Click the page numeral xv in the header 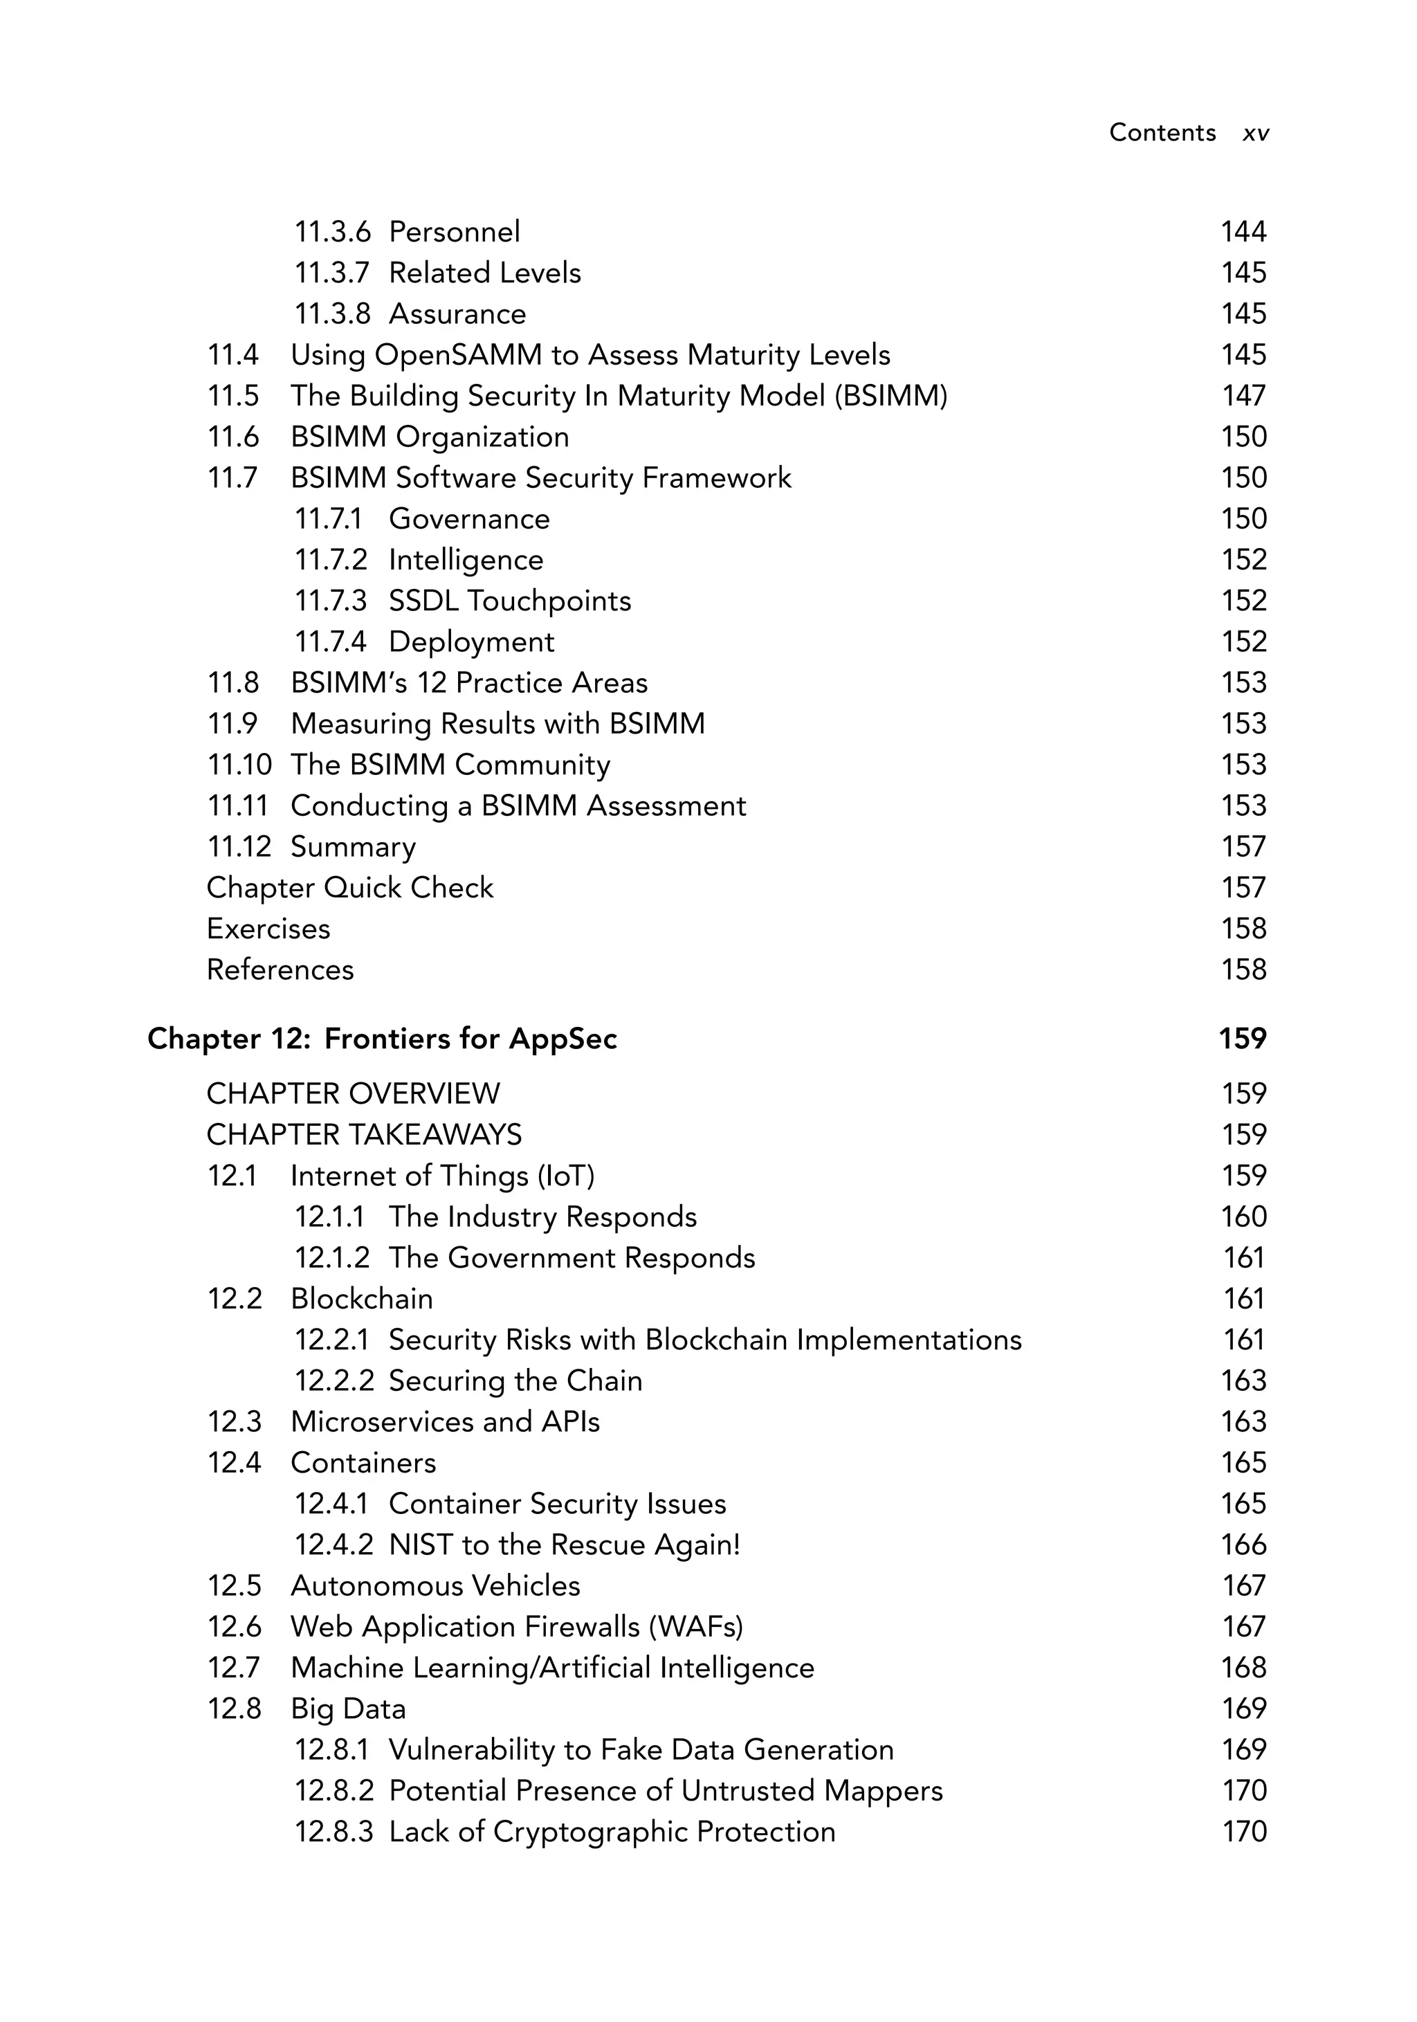(x=1255, y=133)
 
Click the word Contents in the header (x=1162, y=132)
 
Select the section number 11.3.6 (x=332, y=232)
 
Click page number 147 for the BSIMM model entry (x=1243, y=395)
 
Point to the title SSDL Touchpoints (x=510, y=601)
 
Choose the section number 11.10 (x=239, y=765)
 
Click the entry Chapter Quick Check (x=349, y=888)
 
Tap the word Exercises (x=268, y=928)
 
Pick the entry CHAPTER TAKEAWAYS (x=364, y=1134)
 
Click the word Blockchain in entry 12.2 (x=361, y=1298)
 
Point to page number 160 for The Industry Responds (x=1243, y=1217)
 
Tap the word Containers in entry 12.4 (x=363, y=1462)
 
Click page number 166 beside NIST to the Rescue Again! (x=1243, y=1544)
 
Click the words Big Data (x=348, y=1709)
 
